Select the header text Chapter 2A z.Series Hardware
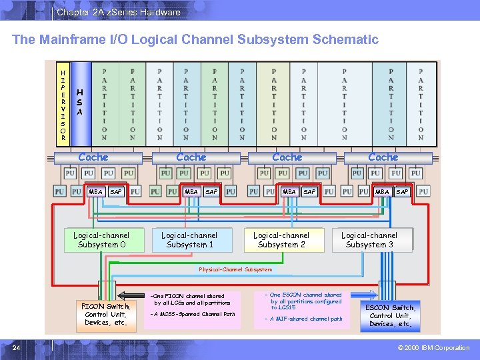tap(118, 12)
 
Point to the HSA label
tap(80, 103)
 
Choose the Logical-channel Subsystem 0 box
tap(101, 240)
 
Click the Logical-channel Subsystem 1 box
tap(189, 240)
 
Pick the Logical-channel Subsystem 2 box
tap(281, 240)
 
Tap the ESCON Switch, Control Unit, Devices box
tap(391, 315)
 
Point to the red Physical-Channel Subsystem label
tap(235, 269)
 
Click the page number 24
tap(16, 347)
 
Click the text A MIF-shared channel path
tap(305, 319)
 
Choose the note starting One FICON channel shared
tap(190, 299)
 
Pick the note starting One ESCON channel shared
tap(305, 301)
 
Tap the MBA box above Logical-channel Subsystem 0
tap(95, 191)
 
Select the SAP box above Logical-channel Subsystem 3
tap(402, 191)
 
